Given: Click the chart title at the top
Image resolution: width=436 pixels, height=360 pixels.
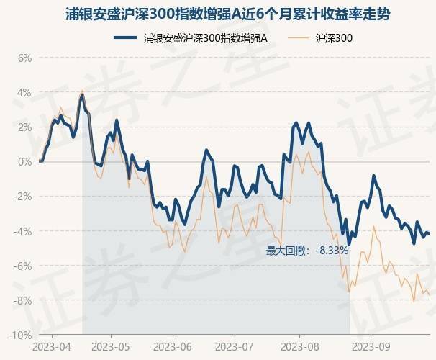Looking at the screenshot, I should click(x=218, y=15).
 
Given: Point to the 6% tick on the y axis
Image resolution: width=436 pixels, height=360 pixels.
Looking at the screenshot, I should click(x=24, y=58).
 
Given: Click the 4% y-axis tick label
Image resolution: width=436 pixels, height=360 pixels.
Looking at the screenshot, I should click(x=24, y=93).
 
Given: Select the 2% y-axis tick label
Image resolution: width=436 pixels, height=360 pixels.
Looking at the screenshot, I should click(x=24, y=127).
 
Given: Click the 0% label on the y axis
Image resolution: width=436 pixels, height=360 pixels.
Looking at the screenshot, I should click(x=24, y=162).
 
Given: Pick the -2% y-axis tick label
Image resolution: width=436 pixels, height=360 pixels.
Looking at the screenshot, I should click(x=23, y=197).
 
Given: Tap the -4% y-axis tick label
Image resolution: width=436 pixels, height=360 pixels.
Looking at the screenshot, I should click(x=23, y=231).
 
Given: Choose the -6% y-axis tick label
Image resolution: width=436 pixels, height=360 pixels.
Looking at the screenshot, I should click(x=23, y=266).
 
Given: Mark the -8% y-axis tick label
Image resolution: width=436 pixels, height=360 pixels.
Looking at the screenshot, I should click(x=23, y=300).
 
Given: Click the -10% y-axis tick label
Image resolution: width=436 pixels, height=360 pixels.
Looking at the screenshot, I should click(x=21, y=335).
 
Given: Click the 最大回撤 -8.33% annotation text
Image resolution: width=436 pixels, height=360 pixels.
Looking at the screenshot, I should click(x=307, y=251).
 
